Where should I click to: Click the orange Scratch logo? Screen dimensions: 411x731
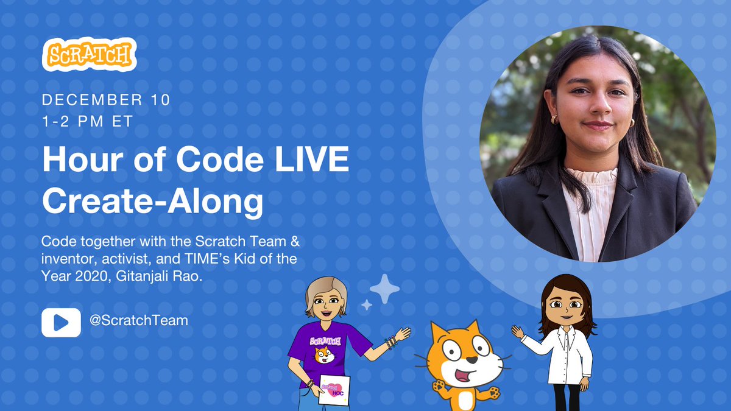click(89, 55)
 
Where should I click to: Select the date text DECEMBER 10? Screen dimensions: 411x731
click(106, 99)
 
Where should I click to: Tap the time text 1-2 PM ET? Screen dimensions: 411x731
click(87, 121)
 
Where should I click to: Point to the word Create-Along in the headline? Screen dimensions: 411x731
click(152, 202)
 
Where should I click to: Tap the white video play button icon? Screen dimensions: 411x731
click(61, 322)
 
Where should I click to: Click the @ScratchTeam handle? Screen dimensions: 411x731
click(139, 319)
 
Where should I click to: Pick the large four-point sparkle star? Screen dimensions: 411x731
click(384, 289)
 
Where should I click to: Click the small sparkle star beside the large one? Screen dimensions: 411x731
click(366, 305)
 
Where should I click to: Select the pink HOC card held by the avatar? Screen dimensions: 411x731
click(334, 390)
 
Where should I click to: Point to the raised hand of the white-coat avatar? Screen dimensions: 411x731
click(517, 332)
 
